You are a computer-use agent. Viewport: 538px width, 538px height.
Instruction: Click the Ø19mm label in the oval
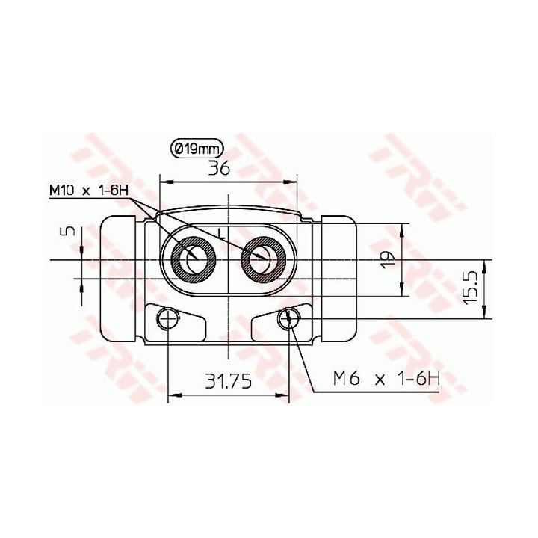pyautogui.click(x=197, y=149)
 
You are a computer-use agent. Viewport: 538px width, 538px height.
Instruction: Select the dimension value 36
pyautogui.click(x=219, y=168)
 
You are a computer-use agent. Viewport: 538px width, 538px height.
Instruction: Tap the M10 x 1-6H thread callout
pyautogui.click(x=89, y=190)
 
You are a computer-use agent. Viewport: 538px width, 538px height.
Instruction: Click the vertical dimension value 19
pyautogui.click(x=388, y=260)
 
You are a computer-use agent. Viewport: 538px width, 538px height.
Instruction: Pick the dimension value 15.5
pyautogui.click(x=470, y=287)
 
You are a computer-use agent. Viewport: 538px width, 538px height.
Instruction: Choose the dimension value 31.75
pyautogui.click(x=228, y=381)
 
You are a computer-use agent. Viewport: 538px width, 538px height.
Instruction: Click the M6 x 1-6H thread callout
pyautogui.click(x=386, y=379)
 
